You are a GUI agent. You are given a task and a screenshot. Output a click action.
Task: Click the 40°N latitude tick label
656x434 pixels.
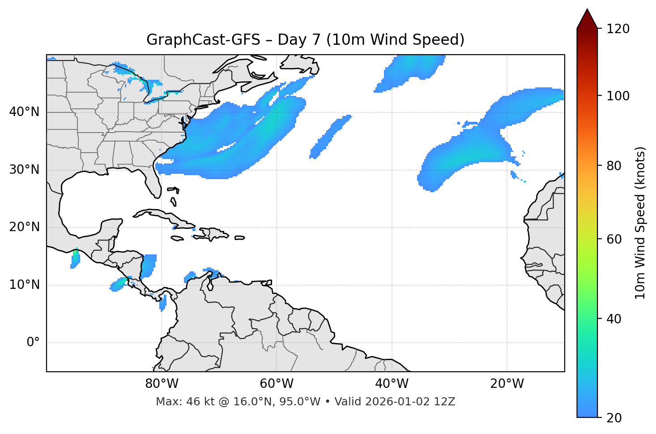pyautogui.click(x=24, y=112)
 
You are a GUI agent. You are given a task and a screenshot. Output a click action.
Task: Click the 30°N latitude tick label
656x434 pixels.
pyautogui.click(x=24, y=170)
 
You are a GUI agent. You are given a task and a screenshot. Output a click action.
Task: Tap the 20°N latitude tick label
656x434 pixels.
pyautogui.click(x=24, y=227)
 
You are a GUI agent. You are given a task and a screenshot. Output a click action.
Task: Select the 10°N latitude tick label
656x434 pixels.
pyautogui.click(x=24, y=285)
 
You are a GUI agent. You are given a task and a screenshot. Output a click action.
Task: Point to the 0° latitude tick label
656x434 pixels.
pyautogui.click(x=33, y=343)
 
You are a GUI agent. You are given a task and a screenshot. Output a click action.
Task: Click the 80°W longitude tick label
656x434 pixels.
pyautogui.click(x=162, y=384)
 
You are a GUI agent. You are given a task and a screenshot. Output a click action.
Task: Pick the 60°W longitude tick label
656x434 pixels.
pyautogui.click(x=277, y=384)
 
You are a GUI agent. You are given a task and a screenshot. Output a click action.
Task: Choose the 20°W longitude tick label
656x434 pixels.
pyautogui.click(x=507, y=384)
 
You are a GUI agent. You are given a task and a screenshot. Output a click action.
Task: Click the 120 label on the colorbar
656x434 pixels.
pyautogui.click(x=618, y=29)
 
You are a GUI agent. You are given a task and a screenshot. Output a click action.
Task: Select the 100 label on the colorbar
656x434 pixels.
pyautogui.click(x=618, y=96)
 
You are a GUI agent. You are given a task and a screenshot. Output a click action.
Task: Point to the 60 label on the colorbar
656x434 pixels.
pyautogui.click(x=614, y=239)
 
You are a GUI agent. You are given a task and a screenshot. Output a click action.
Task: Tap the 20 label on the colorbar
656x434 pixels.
pyautogui.click(x=614, y=418)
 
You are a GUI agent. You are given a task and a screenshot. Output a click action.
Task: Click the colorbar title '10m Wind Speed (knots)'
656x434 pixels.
pyautogui.click(x=640, y=223)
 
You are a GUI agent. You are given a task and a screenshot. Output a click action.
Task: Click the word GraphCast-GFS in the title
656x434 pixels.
pyautogui.click(x=203, y=40)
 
